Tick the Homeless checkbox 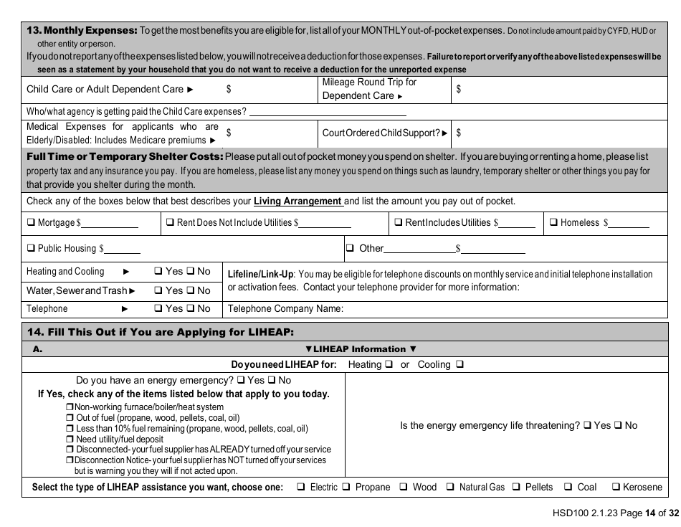[x=553, y=223]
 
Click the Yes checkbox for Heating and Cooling [x=158, y=272]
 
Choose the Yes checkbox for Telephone [x=158, y=309]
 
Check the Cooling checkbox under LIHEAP [x=459, y=364]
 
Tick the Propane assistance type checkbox [x=346, y=488]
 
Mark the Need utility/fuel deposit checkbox [x=70, y=439]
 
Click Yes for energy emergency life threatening [x=587, y=425]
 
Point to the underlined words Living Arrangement [x=297, y=201]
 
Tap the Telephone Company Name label [x=285, y=309]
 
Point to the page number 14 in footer [x=650, y=513]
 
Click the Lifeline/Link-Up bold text [x=261, y=274]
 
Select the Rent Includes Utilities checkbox [x=399, y=223]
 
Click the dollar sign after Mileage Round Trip [x=458, y=89]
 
